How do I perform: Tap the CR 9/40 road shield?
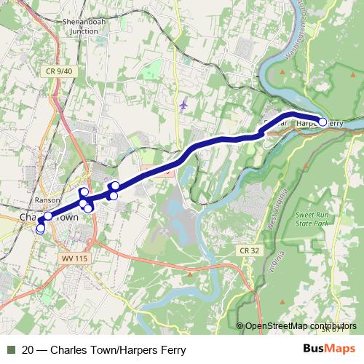coord(58,71)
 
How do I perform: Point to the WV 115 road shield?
coord(68,258)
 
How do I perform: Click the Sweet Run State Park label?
coord(312,220)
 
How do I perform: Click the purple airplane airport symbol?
coord(183,104)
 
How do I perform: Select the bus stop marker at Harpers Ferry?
coord(323,122)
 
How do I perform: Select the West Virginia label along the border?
coord(270,211)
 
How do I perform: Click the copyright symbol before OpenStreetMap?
coord(240,326)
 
